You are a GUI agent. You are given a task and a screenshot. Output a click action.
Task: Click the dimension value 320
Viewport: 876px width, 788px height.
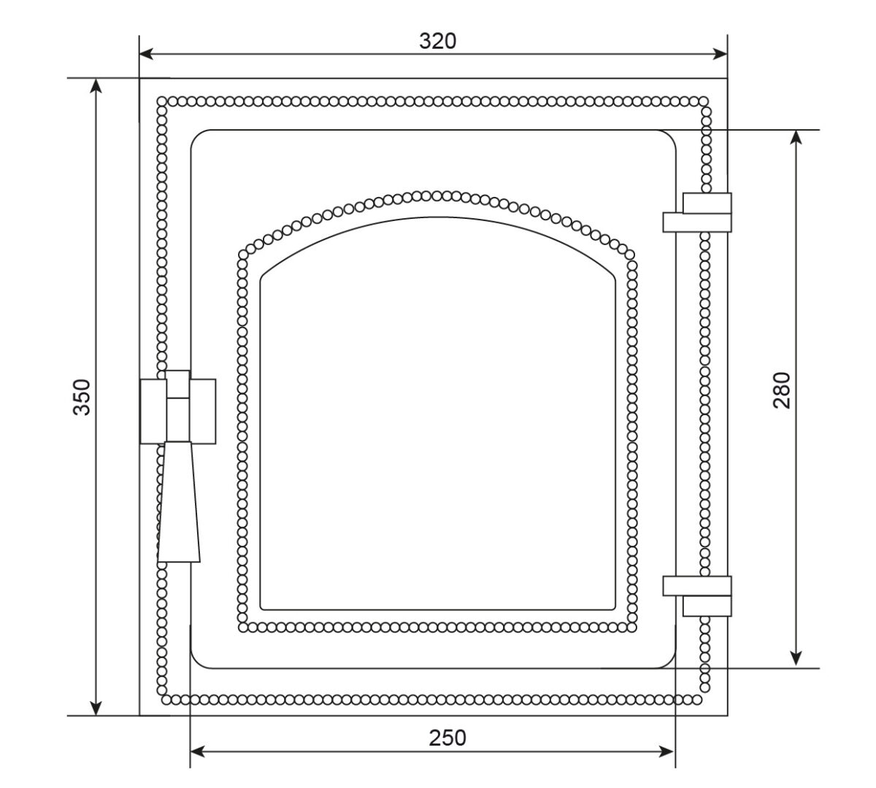coord(437,42)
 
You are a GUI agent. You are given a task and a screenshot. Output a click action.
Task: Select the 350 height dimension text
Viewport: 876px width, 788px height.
coord(82,397)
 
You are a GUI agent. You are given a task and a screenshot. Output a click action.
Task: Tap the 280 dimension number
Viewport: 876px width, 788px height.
coord(781,390)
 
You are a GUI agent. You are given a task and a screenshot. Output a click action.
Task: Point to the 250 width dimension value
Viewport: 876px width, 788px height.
coord(447,738)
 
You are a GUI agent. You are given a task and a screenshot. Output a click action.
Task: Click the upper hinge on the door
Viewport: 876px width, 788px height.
coord(697,212)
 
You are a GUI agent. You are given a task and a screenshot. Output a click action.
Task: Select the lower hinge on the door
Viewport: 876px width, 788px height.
coord(697,596)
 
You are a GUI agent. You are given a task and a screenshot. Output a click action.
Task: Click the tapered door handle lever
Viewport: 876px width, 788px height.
coord(179,501)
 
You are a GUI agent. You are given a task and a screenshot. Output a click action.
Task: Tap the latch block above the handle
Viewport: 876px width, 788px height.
coord(177,407)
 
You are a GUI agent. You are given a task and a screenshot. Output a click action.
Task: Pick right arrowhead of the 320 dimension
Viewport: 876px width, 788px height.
coord(720,54)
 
